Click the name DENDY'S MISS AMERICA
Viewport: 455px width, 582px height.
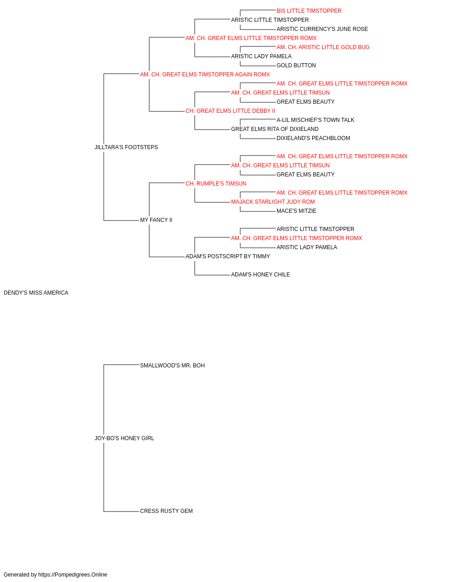[x=36, y=293]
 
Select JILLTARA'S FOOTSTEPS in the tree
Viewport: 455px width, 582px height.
[x=126, y=147]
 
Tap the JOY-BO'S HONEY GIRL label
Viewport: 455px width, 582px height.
[x=124, y=438]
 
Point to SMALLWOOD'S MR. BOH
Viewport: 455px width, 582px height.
[x=172, y=366]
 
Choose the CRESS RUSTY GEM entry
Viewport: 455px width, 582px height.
[x=167, y=511]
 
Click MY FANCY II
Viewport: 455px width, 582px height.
[x=156, y=220]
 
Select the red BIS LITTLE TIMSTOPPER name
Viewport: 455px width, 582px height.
[x=309, y=11]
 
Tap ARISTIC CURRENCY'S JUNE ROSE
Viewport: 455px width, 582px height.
[x=322, y=29]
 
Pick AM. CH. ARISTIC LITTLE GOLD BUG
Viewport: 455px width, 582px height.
[x=323, y=47]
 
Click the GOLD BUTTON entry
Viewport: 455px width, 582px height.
[x=296, y=65]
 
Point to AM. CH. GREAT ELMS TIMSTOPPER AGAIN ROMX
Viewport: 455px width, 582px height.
[x=205, y=75]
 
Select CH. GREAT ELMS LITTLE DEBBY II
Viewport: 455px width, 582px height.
[x=230, y=111]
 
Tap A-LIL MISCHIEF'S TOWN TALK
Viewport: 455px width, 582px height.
[x=315, y=120]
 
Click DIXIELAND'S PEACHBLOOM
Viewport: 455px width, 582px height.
[x=313, y=138]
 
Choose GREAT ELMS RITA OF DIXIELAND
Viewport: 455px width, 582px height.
[x=275, y=129]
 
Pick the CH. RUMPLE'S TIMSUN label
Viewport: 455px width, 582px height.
[x=216, y=184]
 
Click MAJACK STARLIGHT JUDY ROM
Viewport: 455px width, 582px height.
[x=273, y=202]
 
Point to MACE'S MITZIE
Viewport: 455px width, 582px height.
[x=296, y=211]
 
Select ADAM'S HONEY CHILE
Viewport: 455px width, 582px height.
[x=260, y=275]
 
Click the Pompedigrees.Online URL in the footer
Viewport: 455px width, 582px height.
[x=73, y=575]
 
